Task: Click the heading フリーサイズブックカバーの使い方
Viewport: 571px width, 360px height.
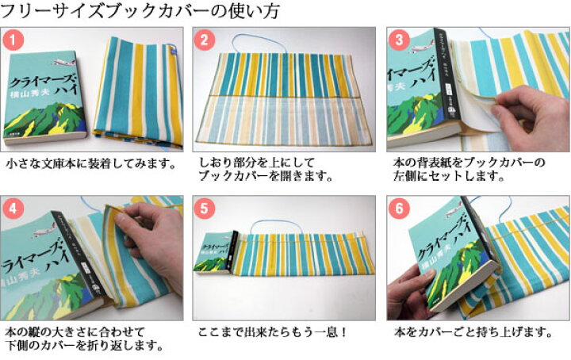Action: [x=135, y=12]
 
